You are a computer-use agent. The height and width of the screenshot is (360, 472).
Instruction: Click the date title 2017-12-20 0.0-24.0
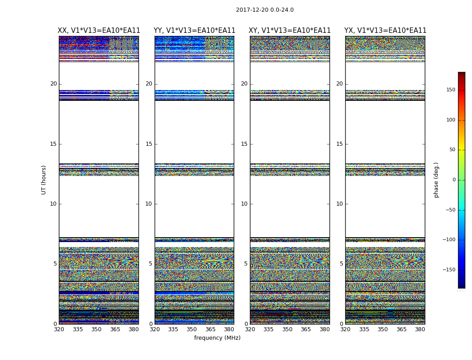tap(265, 10)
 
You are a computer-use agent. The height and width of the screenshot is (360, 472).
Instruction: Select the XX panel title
tap(99, 31)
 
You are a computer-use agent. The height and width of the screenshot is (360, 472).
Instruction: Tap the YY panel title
tap(194, 31)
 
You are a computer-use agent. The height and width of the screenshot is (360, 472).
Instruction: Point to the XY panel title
tap(290, 31)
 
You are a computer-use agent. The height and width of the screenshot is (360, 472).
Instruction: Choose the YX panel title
tap(385, 31)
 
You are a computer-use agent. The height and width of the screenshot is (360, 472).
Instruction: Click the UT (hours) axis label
tap(44, 180)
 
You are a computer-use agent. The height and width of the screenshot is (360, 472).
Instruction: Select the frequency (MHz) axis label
tap(217, 338)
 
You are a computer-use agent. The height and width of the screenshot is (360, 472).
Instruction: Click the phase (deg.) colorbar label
tap(436, 180)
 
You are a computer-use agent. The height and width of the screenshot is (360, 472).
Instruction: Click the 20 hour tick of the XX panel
tap(53, 84)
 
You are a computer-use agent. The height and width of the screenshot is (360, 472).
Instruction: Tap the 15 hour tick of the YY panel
tap(149, 144)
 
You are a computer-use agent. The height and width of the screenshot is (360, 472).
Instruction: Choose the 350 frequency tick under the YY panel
tap(192, 329)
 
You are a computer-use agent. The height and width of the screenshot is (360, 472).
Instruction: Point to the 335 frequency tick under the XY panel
tap(269, 329)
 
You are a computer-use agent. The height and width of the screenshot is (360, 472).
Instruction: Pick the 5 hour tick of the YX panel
tap(341, 264)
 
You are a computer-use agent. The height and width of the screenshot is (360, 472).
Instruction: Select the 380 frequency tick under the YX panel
tap(420, 329)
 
